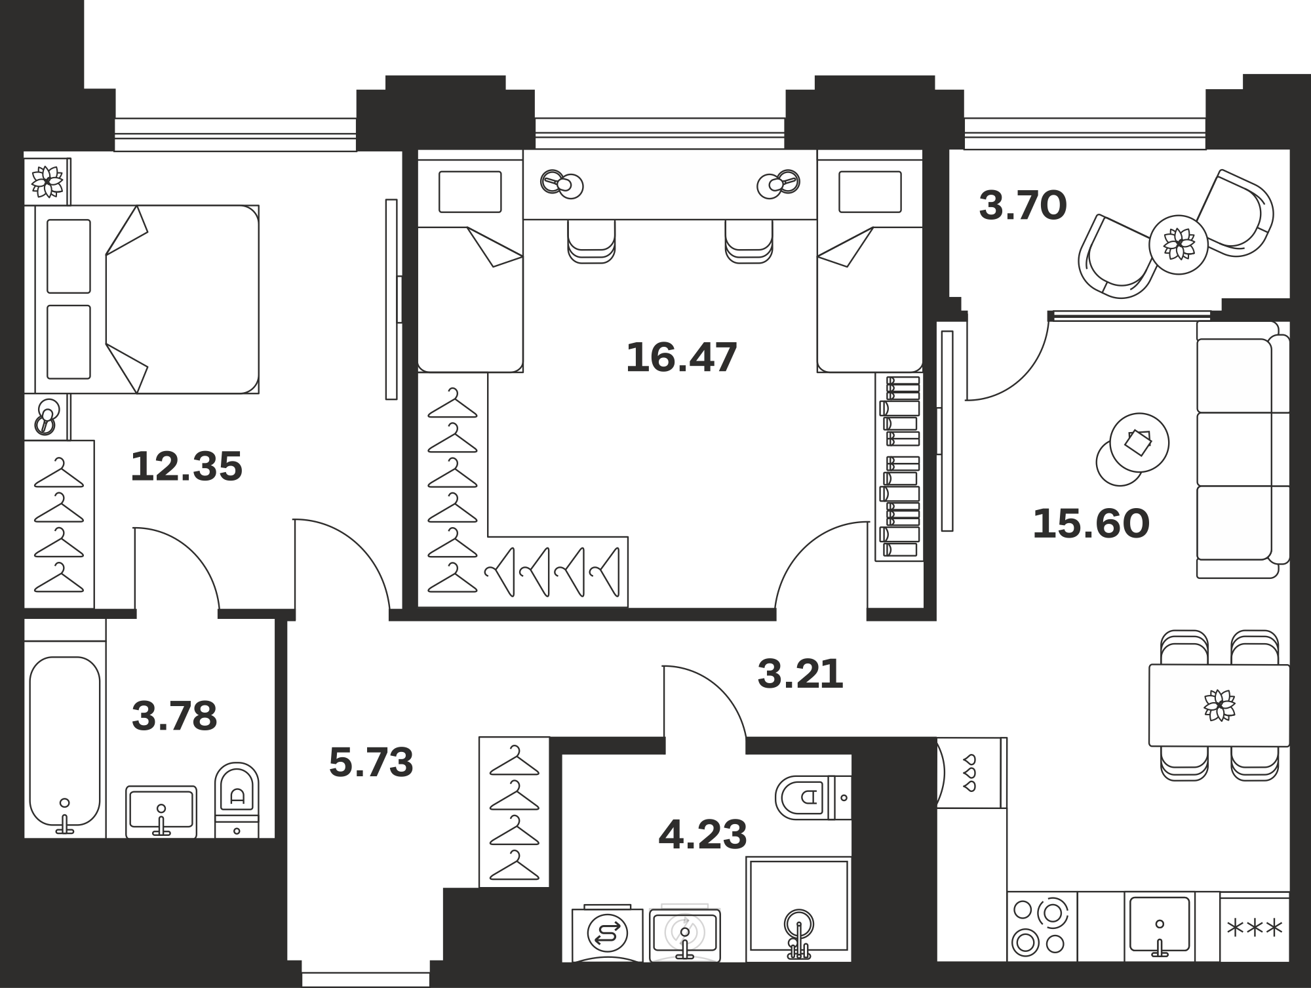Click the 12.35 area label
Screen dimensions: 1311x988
[187, 466]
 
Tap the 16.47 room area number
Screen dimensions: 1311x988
[682, 357]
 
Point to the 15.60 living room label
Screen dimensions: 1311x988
[1091, 524]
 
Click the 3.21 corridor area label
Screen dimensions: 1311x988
[800, 674]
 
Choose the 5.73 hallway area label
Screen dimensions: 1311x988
[371, 762]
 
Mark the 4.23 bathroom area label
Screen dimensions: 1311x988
[703, 835]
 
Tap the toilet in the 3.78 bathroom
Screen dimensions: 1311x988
[237, 799]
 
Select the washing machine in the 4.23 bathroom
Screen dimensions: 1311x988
[608, 934]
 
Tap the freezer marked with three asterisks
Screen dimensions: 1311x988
[1255, 927]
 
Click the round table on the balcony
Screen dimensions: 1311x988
[1179, 245]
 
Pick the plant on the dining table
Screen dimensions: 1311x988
[1219, 705]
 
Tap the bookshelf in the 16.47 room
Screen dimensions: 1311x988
[899, 467]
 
